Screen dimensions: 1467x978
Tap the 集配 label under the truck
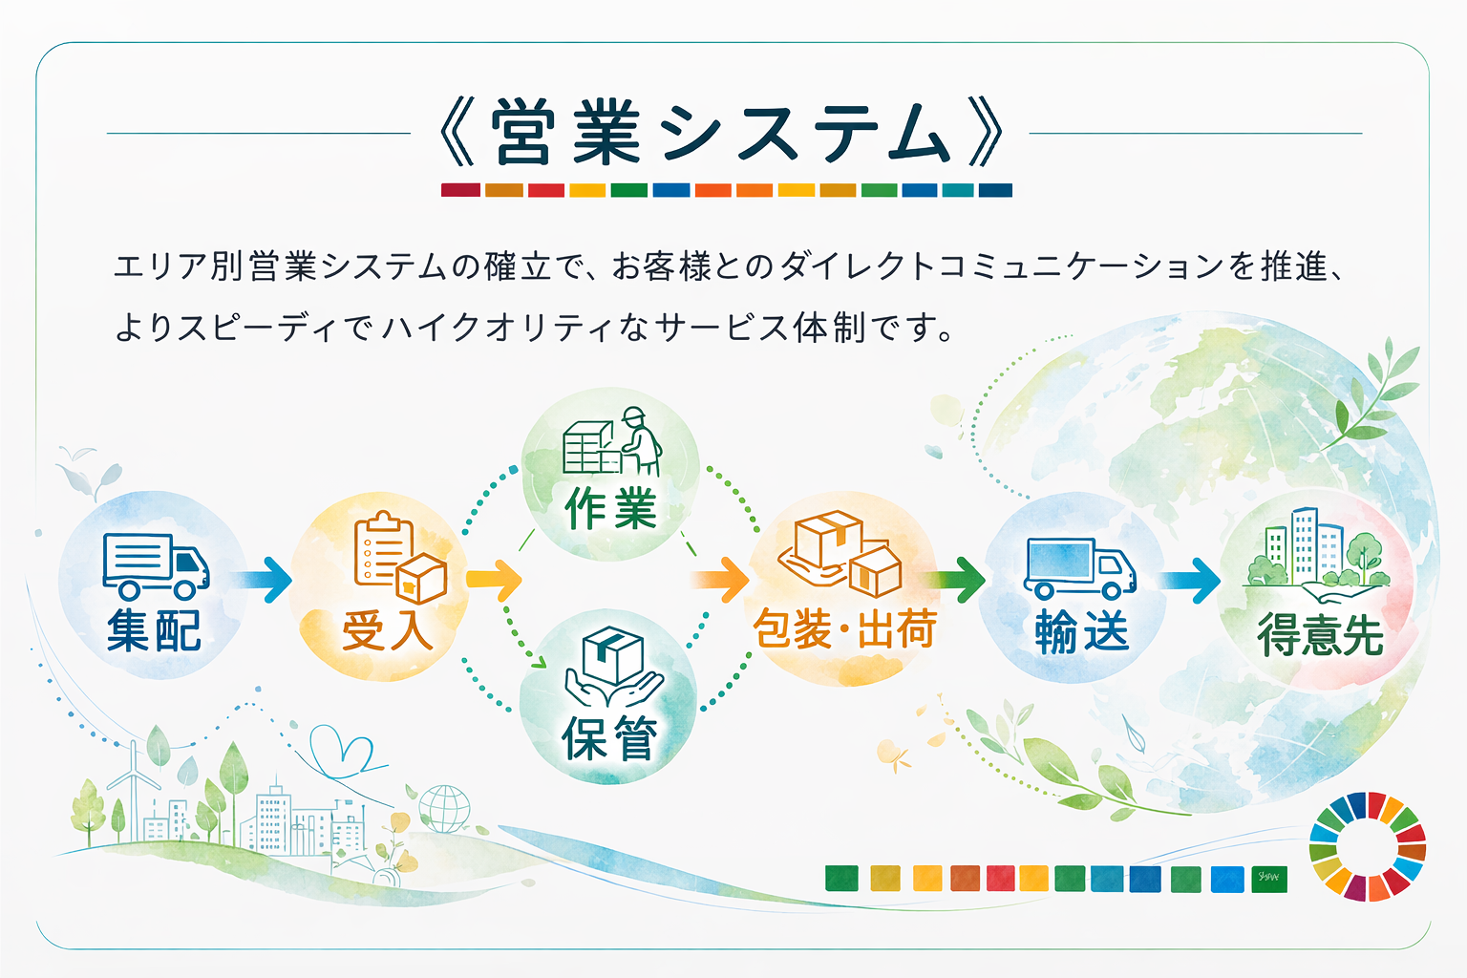(154, 630)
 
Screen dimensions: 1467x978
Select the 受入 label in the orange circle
(387, 630)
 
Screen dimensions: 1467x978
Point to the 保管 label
(609, 738)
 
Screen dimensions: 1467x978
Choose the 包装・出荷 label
(844, 628)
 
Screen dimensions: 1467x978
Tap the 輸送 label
(1082, 631)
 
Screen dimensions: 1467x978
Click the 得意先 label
(1320, 633)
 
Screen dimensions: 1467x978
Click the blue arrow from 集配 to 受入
(265, 580)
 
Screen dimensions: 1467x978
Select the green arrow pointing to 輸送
(957, 579)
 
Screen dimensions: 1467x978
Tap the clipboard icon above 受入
(383, 547)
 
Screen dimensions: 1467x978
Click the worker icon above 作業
(639, 441)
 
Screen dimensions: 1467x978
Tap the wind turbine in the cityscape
(134, 789)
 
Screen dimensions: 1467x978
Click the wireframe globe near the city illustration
(445, 809)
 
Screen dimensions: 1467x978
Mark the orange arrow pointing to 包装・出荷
(720, 579)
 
